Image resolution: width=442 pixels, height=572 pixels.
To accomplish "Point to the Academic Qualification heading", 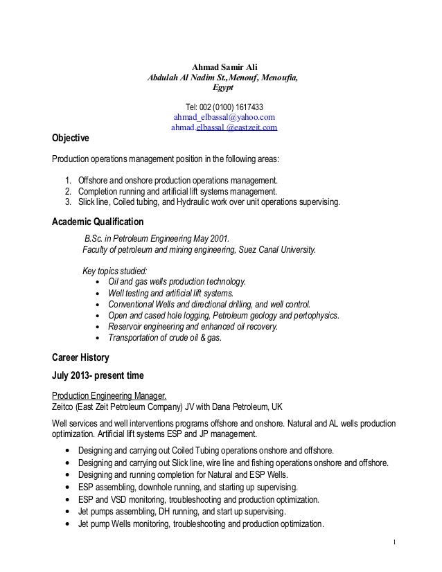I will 98,222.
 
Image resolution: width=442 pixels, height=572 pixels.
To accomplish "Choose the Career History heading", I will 80,358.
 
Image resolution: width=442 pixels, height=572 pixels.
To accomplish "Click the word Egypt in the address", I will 223,88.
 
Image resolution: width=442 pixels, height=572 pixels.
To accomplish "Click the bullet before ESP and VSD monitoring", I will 67,499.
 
